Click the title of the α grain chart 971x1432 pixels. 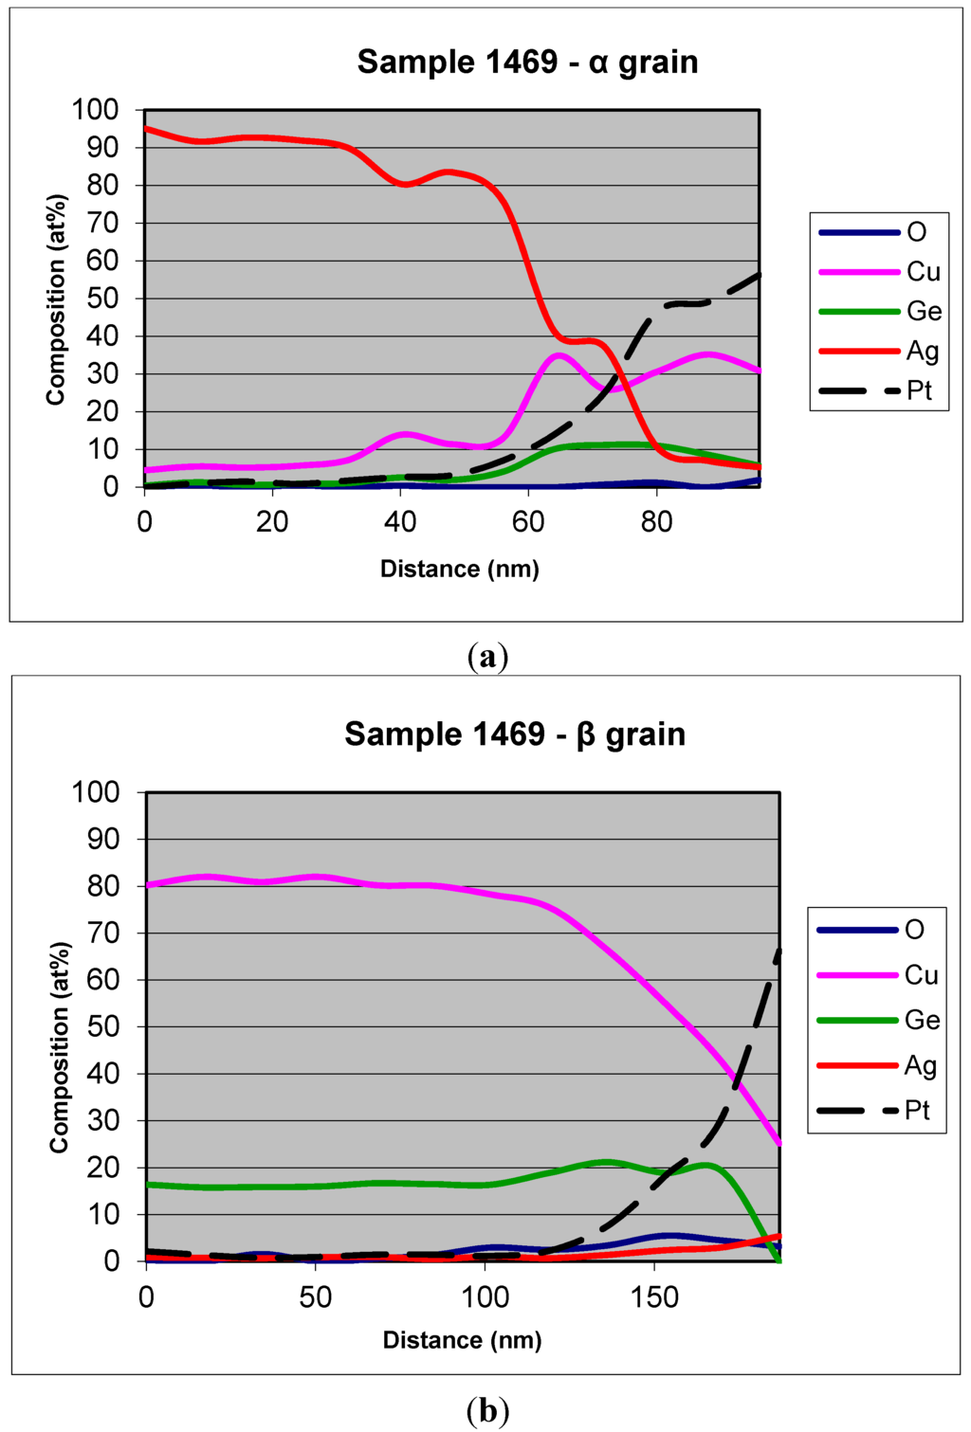tap(527, 63)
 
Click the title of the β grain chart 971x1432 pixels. tap(514, 734)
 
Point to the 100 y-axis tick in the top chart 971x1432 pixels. tap(96, 110)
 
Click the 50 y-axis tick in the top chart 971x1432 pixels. tap(102, 299)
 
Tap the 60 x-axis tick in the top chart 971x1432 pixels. tap(528, 521)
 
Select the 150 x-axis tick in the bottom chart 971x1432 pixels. tap(653, 1296)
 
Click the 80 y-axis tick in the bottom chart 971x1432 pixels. tap(102, 886)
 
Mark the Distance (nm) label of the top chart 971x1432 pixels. tap(459, 569)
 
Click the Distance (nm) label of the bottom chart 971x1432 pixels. tap(462, 1340)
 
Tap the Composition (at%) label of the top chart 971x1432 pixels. tap(56, 299)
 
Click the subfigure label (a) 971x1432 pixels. tap(488, 656)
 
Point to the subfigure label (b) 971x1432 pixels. tap(488, 1411)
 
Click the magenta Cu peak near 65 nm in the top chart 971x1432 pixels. tap(559, 355)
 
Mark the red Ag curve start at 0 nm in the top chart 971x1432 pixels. tap(146, 129)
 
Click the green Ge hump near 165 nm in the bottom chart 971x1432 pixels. tap(706, 1165)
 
